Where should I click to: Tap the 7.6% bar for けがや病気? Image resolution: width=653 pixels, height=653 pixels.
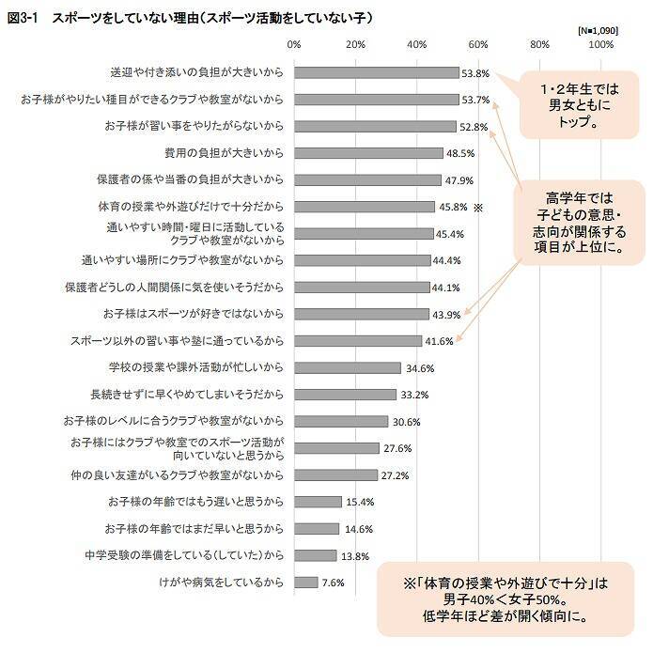tap(306, 583)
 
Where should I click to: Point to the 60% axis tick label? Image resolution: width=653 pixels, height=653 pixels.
tap(478, 44)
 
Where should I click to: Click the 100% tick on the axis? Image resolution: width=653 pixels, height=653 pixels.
tap(601, 44)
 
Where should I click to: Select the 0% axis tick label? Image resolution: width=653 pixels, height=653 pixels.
tap(294, 44)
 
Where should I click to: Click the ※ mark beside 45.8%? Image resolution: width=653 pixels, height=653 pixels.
tap(478, 206)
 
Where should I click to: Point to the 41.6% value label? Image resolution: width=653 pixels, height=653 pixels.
tap(439, 341)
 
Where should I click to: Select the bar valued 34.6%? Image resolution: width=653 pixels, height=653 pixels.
tap(347, 367)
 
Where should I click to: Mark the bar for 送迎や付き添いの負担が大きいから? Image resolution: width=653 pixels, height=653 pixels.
tap(377, 72)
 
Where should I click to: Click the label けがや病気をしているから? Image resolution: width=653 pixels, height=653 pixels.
tap(222, 583)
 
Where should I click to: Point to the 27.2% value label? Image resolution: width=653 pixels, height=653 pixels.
tap(394, 475)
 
